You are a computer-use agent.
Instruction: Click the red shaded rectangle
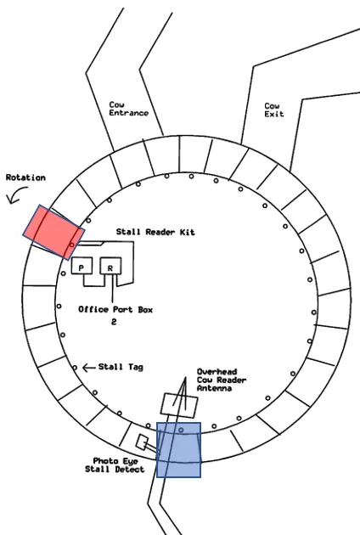(53, 232)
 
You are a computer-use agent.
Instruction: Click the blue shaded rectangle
(178, 450)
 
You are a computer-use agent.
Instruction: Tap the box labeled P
(82, 266)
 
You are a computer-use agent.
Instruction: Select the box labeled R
(110, 266)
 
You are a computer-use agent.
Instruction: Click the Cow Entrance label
(129, 109)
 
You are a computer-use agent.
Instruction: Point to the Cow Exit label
(274, 110)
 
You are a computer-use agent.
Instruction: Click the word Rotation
(25, 177)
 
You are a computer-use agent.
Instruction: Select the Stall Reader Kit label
(155, 232)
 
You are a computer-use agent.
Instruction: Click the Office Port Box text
(115, 309)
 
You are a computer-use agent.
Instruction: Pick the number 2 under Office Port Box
(114, 322)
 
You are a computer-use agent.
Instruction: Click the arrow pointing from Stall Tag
(88, 368)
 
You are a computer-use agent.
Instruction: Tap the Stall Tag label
(121, 367)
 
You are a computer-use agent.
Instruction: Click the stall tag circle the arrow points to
(75, 368)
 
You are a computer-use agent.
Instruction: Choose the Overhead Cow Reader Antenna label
(222, 380)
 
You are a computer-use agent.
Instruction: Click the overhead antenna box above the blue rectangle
(179, 405)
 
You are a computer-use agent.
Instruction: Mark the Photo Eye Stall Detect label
(115, 465)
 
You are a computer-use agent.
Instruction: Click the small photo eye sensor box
(142, 442)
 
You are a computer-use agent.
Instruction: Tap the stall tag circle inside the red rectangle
(71, 245)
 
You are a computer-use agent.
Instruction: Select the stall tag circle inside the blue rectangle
(181, 431)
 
